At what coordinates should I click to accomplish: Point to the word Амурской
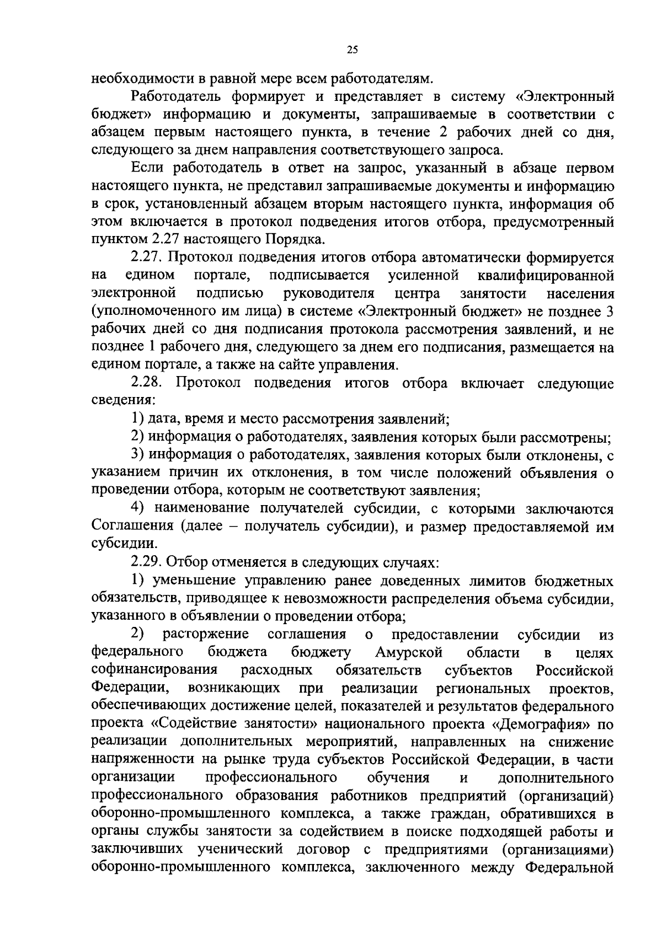(409, 652)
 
